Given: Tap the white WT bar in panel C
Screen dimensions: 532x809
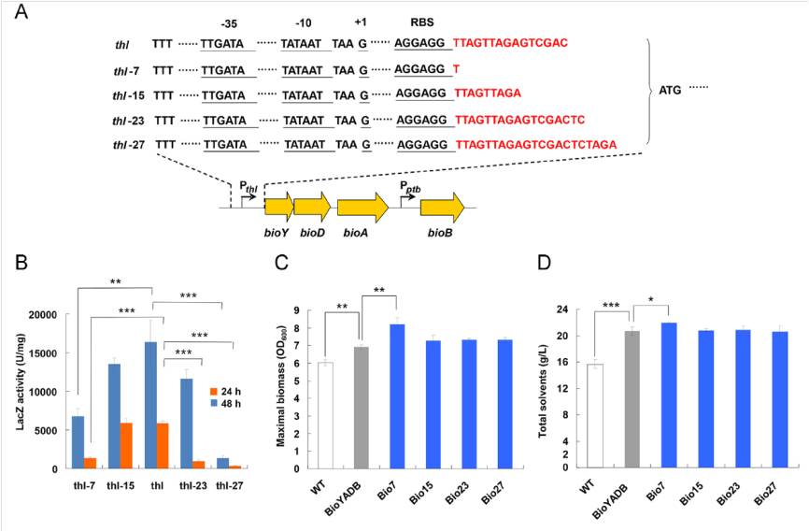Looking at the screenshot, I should point(325,415).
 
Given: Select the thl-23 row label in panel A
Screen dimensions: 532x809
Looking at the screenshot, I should point(128,119).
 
